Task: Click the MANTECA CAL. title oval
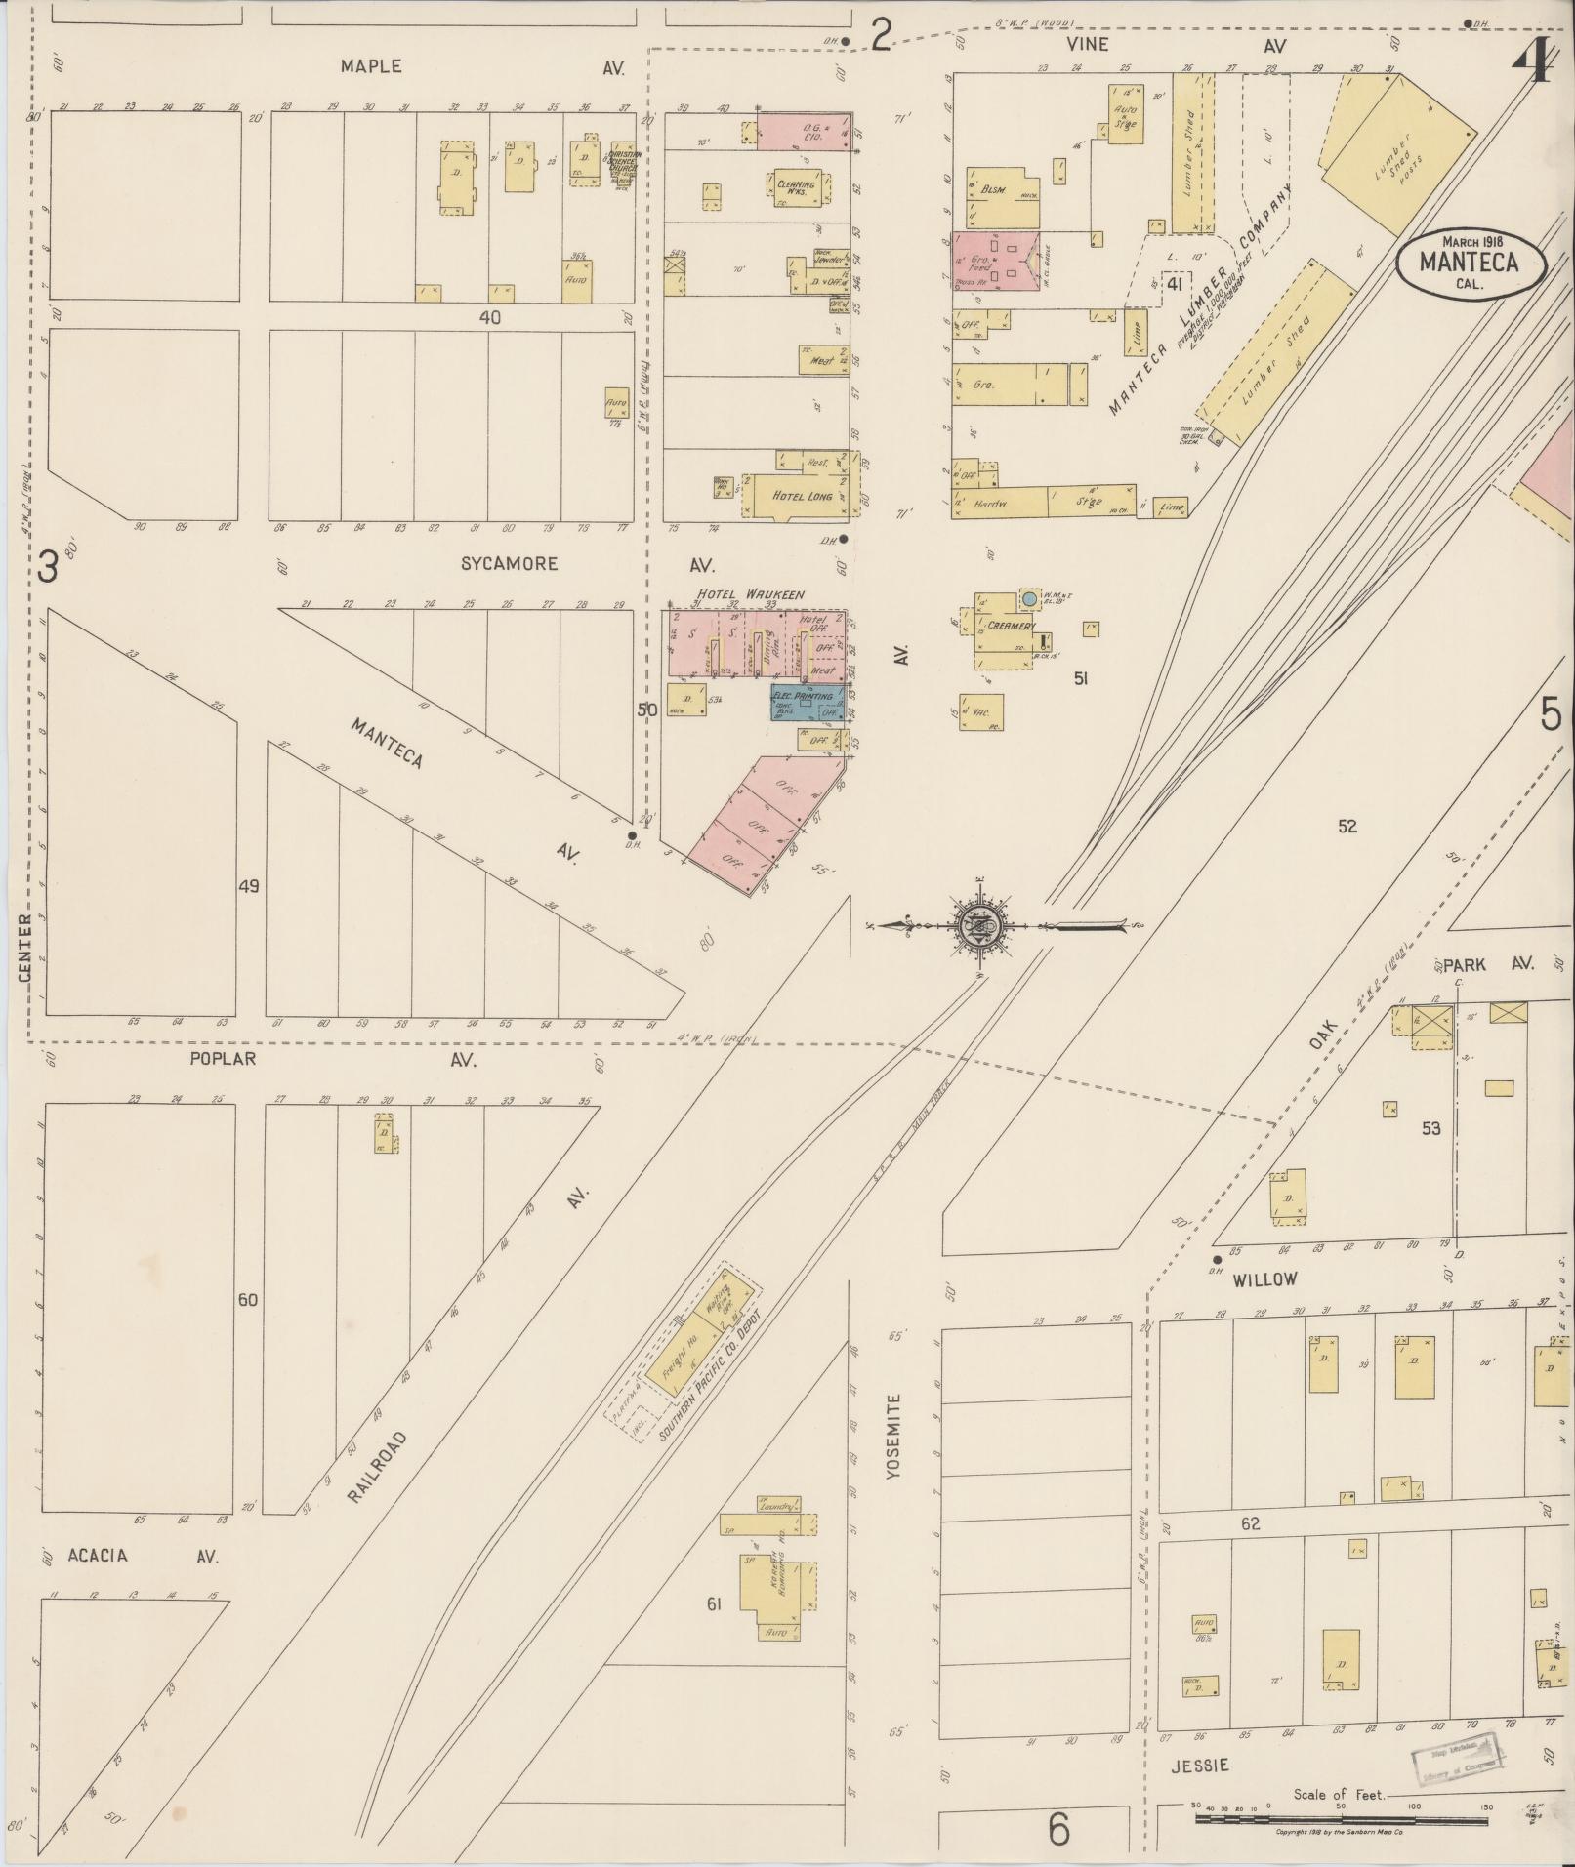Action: [x=1470, y=260]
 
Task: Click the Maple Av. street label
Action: [x=370, y=66]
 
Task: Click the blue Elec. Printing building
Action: [x=808, y=703]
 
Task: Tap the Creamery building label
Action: [x=1011, y=626]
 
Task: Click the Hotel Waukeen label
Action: [x=748, y=594]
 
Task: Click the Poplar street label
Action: [x=223, y=1058]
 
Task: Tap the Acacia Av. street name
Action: [x=98, y=1555]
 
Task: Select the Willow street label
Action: [x=1264, y=1278]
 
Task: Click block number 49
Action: [x=249, y=886]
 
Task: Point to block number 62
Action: [x=1251, y=1523]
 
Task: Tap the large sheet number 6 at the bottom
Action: [x=1059, y=1830]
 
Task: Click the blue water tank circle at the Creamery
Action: [x=1029, y=595]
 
